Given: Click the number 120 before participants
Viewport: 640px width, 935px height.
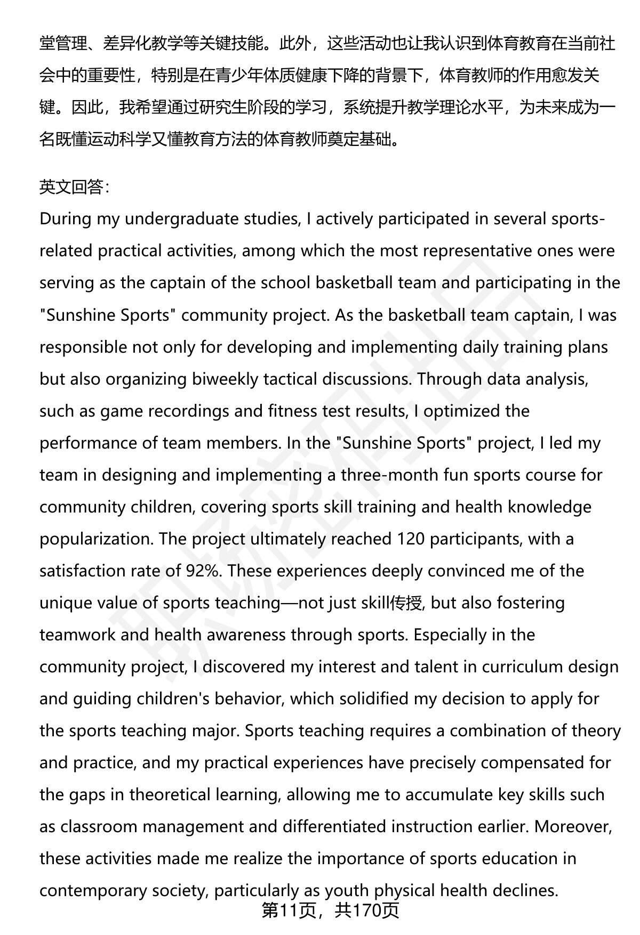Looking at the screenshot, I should (x=411, y=539).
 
